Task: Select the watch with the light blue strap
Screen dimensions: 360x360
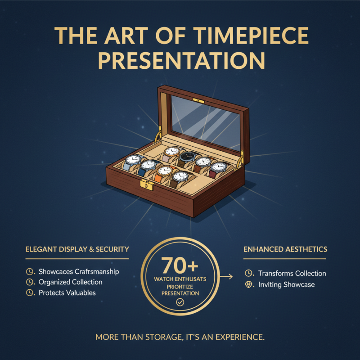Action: (x=133, y=160)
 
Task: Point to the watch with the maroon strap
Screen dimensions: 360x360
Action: (x=219, y=167)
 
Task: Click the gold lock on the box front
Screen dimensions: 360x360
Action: (x=146, y=184)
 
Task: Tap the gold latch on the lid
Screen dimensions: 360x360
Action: (x=196, y=100)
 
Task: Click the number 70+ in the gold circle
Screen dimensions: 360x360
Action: (x=180, y=266)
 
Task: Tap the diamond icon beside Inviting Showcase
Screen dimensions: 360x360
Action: (x=248, y=285)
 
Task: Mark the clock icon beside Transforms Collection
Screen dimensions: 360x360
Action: (x=248, y=274)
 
